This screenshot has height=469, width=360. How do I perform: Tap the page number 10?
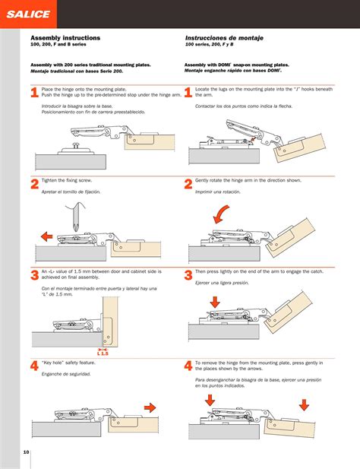point(26,452)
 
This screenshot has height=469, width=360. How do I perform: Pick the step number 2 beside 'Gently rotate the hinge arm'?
point(188,185)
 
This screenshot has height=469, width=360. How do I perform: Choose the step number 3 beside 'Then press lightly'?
point(188,275)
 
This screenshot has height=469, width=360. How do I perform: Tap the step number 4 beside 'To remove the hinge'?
point(188,366)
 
